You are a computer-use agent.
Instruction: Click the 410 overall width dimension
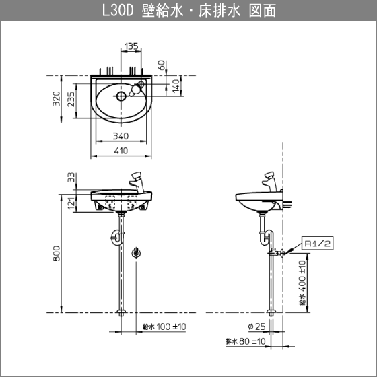tap(121, 151)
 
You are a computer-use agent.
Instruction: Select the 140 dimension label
tap(176, 85)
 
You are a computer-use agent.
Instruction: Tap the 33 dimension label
tap(72, 178)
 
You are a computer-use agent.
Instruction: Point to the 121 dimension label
tap(72, 202)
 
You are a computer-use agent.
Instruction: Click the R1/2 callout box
tap(318, 241)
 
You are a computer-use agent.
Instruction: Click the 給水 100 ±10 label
tap(164, 327)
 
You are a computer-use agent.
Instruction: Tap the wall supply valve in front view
tap(137, 253)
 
